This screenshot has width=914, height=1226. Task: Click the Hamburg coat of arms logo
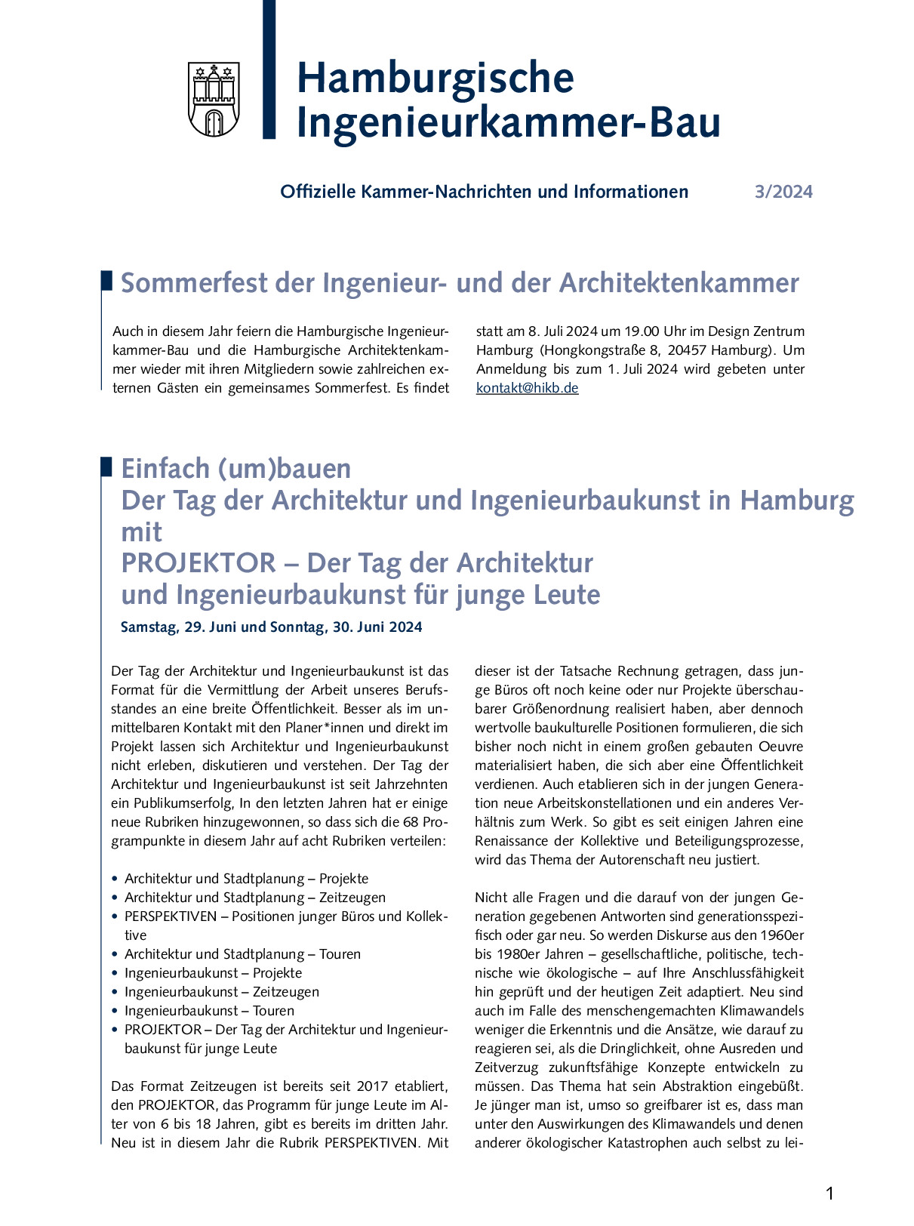click(x=214, y=100)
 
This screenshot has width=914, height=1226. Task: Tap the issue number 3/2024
click(x=783, y=192)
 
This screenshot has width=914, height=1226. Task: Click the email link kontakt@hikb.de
click(x=527, y=388)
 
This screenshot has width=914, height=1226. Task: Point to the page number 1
click(x=829, y=1194)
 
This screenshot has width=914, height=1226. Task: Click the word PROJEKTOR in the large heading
click(x=198, y=563)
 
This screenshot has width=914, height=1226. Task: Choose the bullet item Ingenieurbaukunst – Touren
click(x=209, y=1011)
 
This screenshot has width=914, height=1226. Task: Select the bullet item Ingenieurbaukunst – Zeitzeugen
click(x=221, y=992)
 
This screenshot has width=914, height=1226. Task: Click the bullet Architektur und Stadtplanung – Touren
click(x=242, y=954)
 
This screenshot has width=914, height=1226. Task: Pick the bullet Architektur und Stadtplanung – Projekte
click(x=246, y=879)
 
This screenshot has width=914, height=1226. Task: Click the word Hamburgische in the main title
click(x=435, y=78)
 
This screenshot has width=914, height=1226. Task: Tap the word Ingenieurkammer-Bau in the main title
click(x=508, y=123)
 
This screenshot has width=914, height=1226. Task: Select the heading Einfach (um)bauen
click(x=235, y=469)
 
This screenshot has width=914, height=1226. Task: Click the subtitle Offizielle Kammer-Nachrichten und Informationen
click(x=484, y=192)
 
